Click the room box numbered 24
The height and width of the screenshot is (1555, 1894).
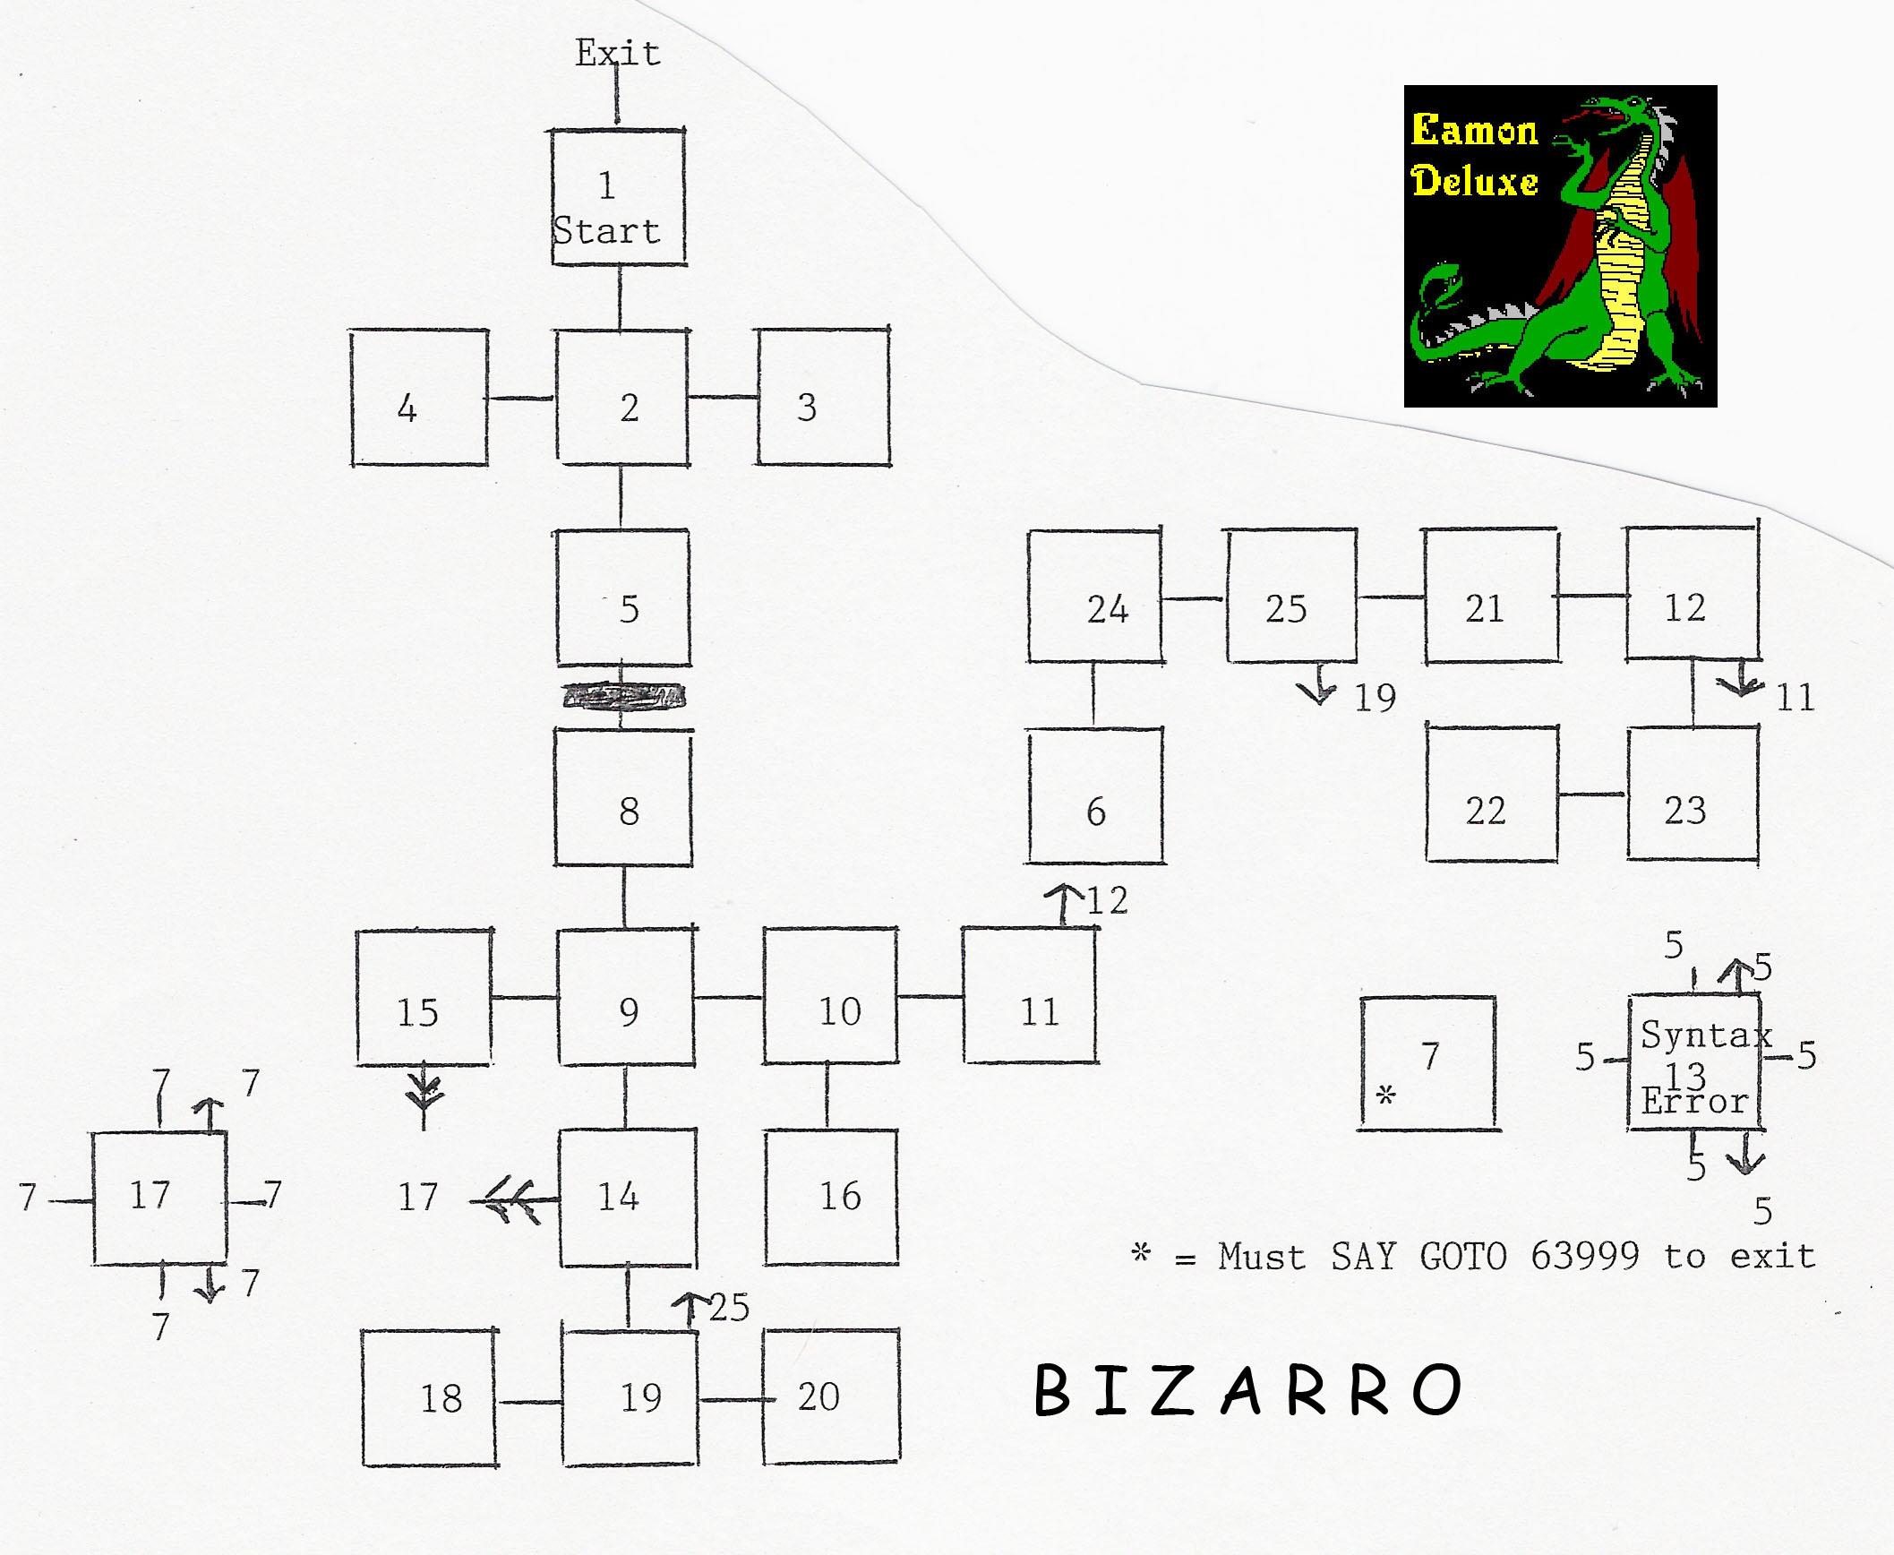pyautogui.click(x=1094, y=596)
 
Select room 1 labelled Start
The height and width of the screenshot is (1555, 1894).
pyautogui.click(x=619, y=197)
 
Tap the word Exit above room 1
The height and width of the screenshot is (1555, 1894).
pyautogui.click(x=618, y=53)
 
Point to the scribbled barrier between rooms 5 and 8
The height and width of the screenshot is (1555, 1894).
pyautogui.click(x=624, y=696)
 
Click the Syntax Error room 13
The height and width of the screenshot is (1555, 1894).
pyautogui.click(x=1695, y=1061)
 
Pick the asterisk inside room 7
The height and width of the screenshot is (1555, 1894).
pyautogui.click(x=1386, y=1094)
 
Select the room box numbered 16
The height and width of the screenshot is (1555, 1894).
pyautogui.click(x=831, y=1197)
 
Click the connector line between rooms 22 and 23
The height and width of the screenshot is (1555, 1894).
pyautogui.click(x=1592, y=795)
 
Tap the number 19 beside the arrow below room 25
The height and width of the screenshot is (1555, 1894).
pyautogui.click(x=1375, y=698)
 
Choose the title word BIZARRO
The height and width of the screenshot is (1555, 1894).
pyautogui.click(x=1247, y=1391)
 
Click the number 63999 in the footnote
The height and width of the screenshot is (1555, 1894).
pyautogui.click(x=1584, y=1256)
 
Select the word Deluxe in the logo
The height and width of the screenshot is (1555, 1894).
pyautogui.click(x=1475, y=181)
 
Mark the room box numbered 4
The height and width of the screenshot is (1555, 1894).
pyautogui.click(x=420, y=397)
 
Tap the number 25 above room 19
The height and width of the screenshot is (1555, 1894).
pyautogui.click(x=730, y=1308)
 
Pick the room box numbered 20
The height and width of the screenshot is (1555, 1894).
pyautogui.click(x=831, y=1397)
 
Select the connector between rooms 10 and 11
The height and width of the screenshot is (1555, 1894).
pyautogui.click(x=930, y=996)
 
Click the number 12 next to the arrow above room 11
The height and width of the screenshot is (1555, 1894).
pyautogui.click(x=1108, y=901)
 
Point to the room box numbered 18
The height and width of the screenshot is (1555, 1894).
pyautogui.click(x=430, y=1398)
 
